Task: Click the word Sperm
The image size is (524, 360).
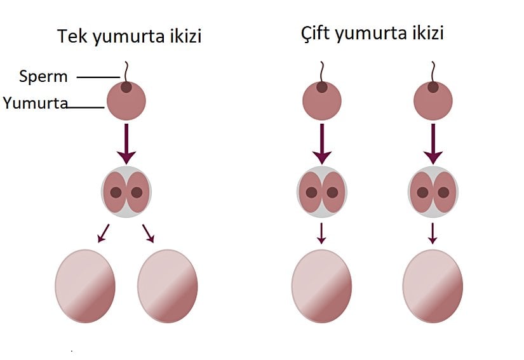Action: (43, 77)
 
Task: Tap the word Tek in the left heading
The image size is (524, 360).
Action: (72, 36)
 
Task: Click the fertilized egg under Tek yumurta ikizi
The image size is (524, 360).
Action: (126, 101)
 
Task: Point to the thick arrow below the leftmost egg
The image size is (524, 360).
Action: (126, 143)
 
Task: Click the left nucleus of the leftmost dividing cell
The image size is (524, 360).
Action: (116, 192)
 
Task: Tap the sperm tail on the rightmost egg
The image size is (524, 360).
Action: (433, 70)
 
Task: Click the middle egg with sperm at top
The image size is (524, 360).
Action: (322, 101)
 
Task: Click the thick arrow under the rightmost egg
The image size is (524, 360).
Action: (433, 143)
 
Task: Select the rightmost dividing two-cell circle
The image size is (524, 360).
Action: (433, 192)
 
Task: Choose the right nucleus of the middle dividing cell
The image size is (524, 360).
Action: (333, 192)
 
